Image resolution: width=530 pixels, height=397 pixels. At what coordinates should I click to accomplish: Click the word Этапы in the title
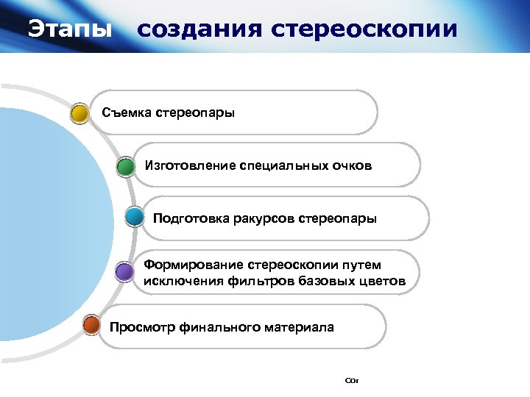pyautogui.click(x=71, y=29)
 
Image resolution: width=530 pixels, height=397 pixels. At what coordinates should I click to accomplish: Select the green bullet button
pyautogui.click(x=126, y=167)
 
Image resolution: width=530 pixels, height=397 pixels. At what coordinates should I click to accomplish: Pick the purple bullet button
pyautogui.click(x=125, y=273)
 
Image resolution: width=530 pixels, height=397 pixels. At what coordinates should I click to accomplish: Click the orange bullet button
pyautogui.click(x=91, y=325)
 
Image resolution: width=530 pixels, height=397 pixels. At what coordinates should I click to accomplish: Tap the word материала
pyautogui.click(x=299, y=327)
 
